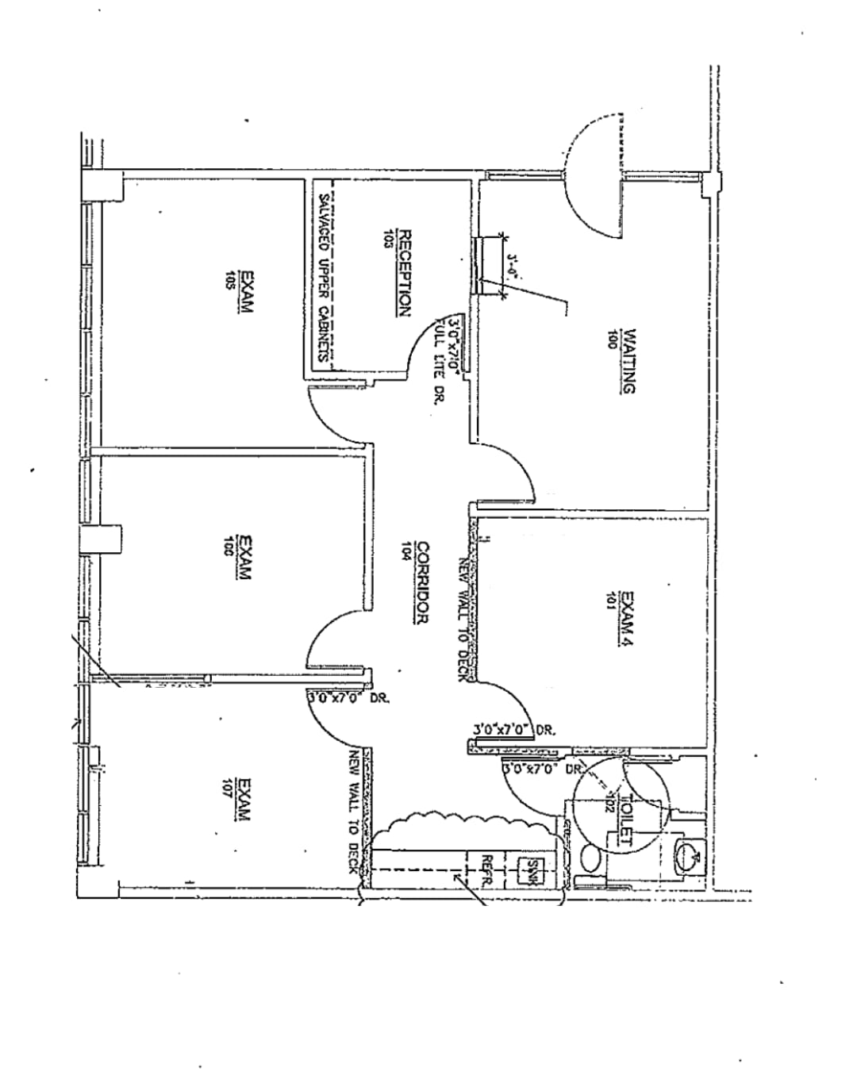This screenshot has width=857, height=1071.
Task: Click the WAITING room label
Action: [x=628, y=362]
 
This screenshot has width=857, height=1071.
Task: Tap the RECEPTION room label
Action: [x=404, y=274]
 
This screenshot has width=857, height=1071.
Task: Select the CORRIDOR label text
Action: [x=422, y=582]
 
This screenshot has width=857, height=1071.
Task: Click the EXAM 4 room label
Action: [x=628, y=620]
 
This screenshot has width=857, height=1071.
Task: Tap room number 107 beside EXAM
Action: [x=229, y=789]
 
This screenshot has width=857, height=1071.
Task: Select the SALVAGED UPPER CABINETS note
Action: [x=324, y=278]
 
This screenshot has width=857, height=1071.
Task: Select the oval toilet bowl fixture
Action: [x=590, y=858]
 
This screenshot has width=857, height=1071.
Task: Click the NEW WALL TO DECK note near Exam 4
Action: [x=465, y=619]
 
